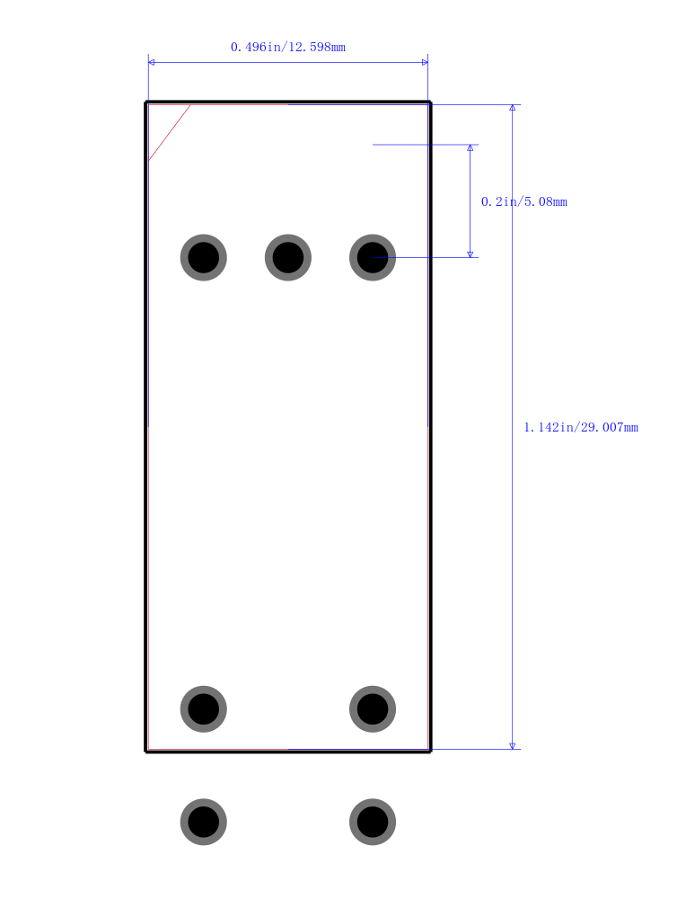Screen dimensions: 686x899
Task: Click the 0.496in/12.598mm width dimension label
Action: tap(288, 47)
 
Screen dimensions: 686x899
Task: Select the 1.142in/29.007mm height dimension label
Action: tap(581, 427)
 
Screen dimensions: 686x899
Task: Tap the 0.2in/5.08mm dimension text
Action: tap(524, 201)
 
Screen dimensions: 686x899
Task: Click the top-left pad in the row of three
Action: tap(203, 257)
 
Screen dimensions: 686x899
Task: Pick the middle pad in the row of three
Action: tap(288, 257)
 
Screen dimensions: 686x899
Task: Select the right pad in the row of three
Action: tap(373, 257)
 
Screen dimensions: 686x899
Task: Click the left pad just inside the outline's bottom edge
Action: tap(203, 709)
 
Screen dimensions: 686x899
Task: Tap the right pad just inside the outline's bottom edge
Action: tap(373, 709)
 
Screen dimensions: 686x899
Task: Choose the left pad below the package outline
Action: tap(203, 823)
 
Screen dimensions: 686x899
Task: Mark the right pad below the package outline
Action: tap(373, 823)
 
